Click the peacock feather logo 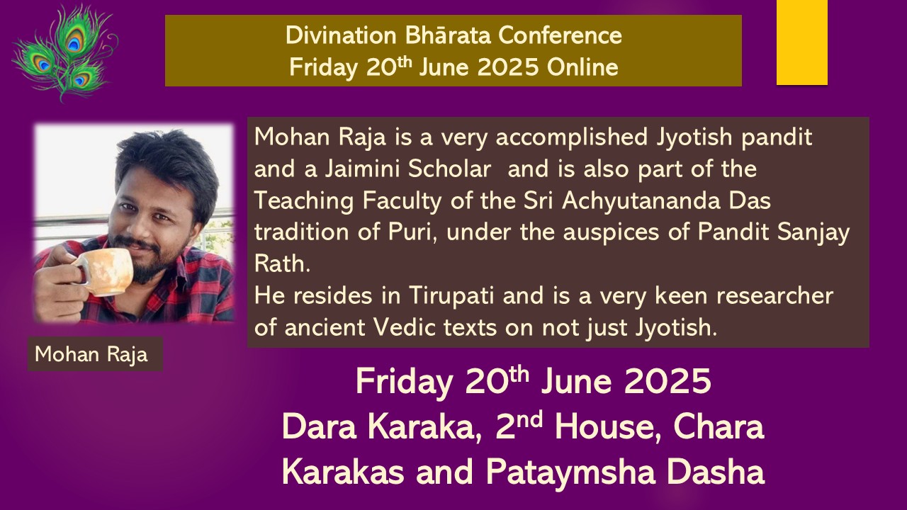click(x=64, y=52)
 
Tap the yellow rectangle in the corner click(x=801, y=42)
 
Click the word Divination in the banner click(x=341, y=35)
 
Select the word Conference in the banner click(x=560, y=35)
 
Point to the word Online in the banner click(x=582, y=67)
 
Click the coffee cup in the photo click(x=106, y=271)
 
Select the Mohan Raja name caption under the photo click(x=91, y=355)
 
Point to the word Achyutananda click(x=641, y=200)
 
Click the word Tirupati click(x=451, y=296)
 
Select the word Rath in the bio click(x=282, y=264)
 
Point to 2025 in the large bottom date click(x=667, y=381)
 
